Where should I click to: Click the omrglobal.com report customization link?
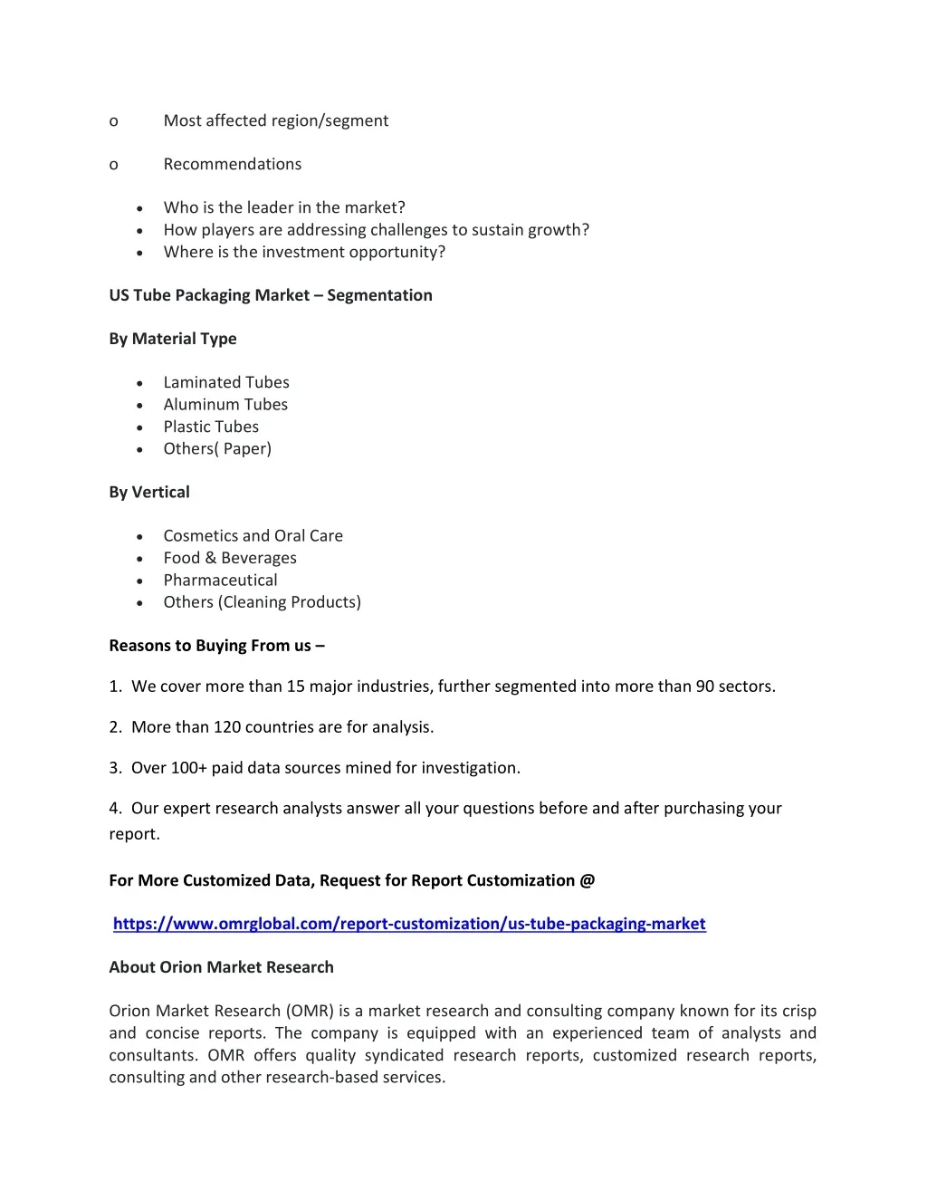409,924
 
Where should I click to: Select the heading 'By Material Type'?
173,339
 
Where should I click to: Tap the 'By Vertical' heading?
149,493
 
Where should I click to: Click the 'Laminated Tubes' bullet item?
226,382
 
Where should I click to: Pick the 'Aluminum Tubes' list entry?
225,405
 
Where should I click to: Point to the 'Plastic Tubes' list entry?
211,427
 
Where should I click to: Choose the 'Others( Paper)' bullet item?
217,449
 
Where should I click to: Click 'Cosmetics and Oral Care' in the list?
253,536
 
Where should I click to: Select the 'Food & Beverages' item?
230,558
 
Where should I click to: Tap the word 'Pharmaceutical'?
220,581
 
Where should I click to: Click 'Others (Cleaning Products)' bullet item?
263,602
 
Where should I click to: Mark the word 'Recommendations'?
233,164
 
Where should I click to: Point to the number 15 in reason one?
296,686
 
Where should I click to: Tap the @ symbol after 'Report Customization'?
588,880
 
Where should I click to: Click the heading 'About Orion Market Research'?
221,967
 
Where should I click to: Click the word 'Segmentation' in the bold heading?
379,295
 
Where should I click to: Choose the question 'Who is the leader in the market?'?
284,207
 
